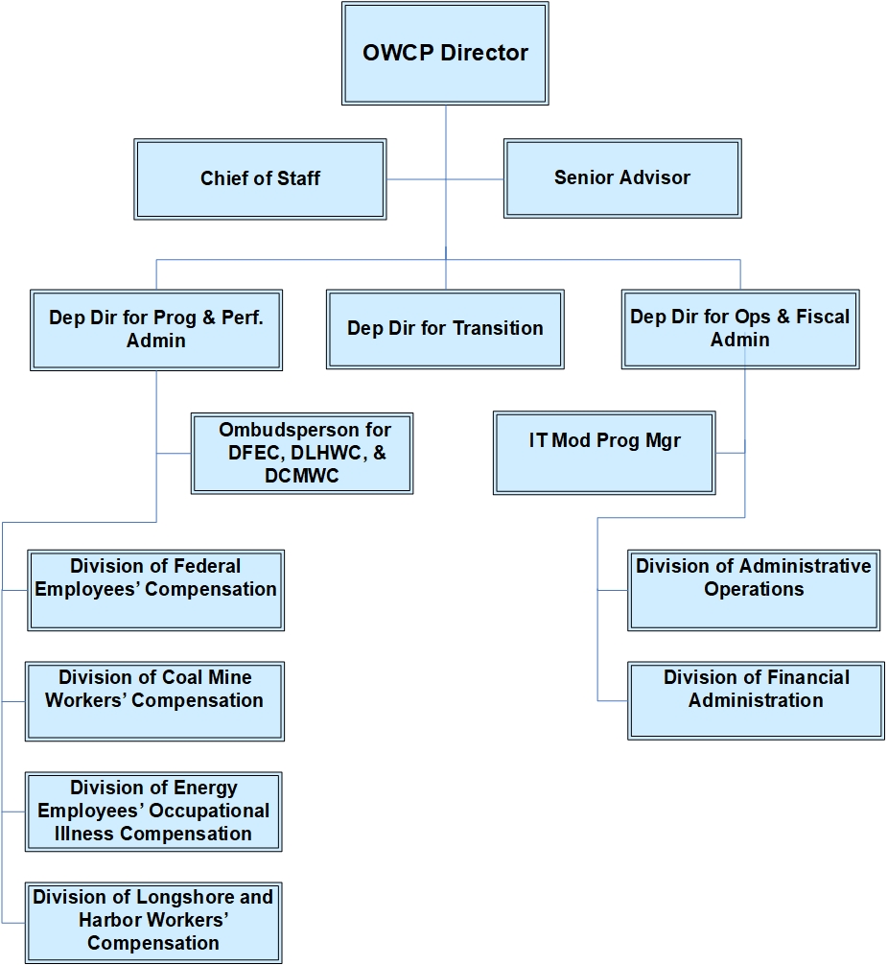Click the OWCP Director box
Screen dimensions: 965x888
445,53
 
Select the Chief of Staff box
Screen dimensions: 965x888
260,178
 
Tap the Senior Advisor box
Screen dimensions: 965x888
622,177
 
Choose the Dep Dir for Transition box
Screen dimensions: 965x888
445,329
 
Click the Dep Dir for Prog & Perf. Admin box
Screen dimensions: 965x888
155,329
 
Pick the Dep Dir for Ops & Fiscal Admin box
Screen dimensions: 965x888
739,329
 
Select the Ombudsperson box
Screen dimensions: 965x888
302,453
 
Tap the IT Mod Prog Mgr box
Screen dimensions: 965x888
604,453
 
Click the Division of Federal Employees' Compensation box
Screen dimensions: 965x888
155,589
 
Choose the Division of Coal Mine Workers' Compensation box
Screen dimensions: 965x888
154,700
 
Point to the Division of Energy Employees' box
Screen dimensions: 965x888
153,811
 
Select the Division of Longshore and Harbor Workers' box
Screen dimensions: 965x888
153,922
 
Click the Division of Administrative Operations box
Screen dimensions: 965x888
754,589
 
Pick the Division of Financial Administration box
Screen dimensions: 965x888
756,700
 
